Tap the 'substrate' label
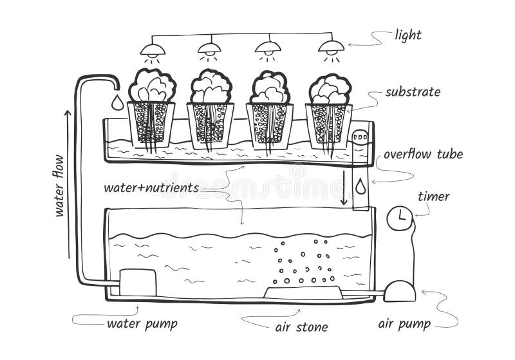tap(412, 91)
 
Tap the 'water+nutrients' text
tap(151, 188)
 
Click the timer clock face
tap(399, 218)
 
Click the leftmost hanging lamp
tap(153, 49)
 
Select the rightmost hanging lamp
tap(331, 47)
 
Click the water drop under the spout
tap(117, 102)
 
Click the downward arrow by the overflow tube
tap(344, 187)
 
